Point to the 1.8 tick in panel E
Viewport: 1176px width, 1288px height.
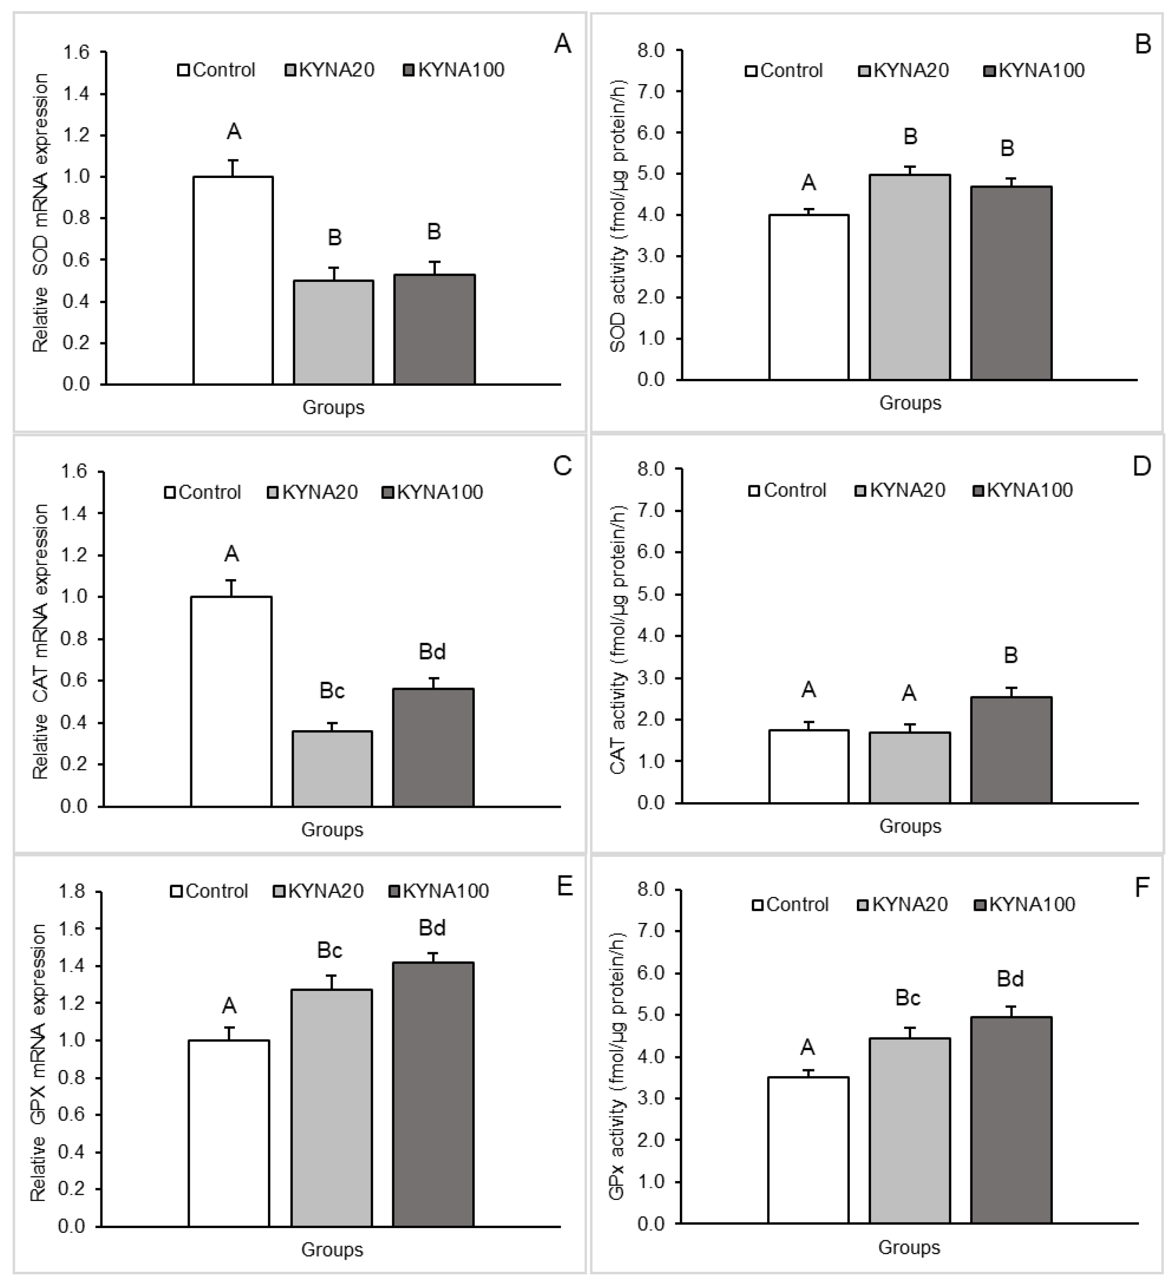[72, 891]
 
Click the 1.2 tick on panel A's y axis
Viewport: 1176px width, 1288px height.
[76, 136]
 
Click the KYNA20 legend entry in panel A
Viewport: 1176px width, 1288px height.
[330, 69]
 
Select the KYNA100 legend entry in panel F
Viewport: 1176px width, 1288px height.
[1024, 905]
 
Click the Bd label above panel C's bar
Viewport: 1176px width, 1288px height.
[432, 652]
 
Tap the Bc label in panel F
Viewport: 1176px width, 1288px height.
[908, 998]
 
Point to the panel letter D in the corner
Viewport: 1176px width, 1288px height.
[1141, 467]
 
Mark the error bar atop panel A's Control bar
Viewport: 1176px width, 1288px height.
[233, 168]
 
